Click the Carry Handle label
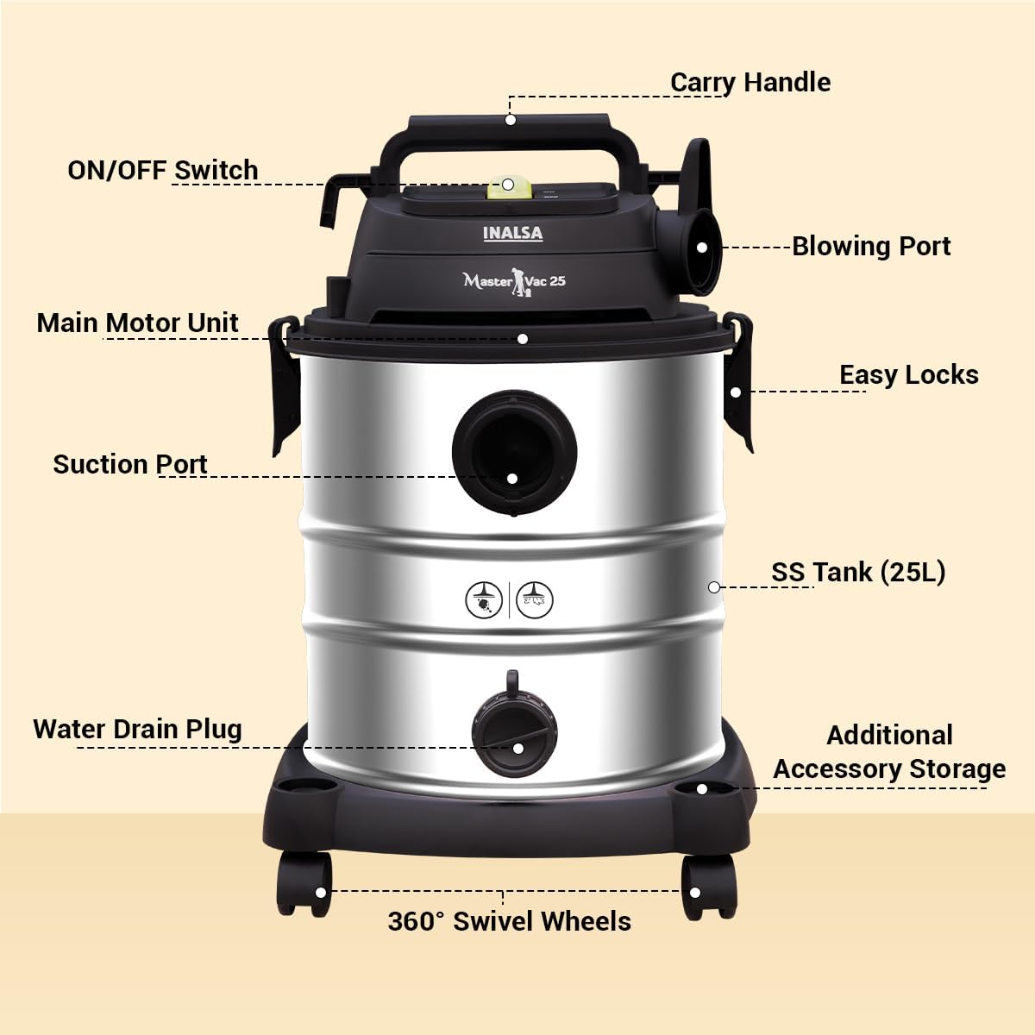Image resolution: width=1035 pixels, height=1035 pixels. pos(750,83)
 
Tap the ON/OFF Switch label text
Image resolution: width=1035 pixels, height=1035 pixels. pos(163,170)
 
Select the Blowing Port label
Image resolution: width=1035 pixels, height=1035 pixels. pos(871,247)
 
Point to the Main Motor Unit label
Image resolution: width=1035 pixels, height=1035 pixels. pos(137,323)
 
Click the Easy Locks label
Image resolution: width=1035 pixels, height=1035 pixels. pos(909,374)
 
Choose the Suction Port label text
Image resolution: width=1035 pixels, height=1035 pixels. pos(130,464)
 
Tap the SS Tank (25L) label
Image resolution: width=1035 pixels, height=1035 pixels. pos(858,572)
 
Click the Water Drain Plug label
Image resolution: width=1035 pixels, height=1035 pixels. pos(137,729)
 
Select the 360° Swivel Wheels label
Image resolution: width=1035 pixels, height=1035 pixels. pos(509,921)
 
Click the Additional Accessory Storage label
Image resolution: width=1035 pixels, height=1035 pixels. pos(889,752)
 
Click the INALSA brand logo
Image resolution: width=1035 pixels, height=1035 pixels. pos(513,234)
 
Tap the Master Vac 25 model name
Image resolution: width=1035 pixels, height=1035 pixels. pos(514,281)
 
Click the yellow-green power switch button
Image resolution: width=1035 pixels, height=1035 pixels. pos(509,187)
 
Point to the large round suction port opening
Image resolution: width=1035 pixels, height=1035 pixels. pos(514,452)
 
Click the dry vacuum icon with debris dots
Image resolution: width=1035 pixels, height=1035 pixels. pos(484,599)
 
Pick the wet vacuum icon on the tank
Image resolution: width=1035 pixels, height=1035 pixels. pos(535,599)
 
